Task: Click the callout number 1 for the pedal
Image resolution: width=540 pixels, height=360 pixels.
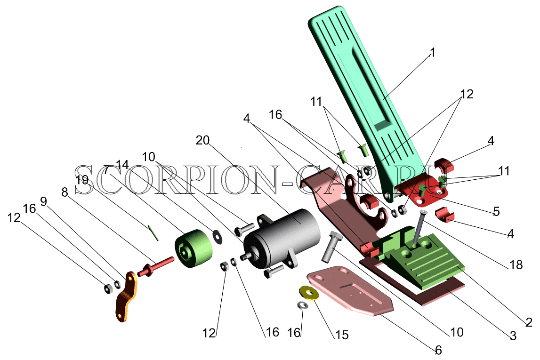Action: coord(433,52)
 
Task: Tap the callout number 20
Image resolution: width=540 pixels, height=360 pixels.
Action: coord(202,140)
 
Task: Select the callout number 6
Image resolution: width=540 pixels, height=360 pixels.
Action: coord(438,350)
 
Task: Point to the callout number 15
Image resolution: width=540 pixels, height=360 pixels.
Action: coord(342,335)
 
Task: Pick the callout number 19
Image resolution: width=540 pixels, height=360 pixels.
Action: coord(82,179)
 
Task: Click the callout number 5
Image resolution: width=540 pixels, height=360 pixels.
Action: coord(496,211)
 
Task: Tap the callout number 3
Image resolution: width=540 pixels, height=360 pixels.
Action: coord(513,336)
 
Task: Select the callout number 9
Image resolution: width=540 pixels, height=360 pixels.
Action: coord(43,201)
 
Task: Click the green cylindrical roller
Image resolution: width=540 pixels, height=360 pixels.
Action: coord(193,248)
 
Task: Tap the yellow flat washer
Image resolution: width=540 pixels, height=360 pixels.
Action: coord(309,293)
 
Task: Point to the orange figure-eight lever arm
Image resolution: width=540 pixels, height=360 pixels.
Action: coord(126,296)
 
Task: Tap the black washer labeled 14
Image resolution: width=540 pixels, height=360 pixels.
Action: coord(218,236)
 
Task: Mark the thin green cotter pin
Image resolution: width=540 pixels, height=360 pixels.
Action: coord(153,233)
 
